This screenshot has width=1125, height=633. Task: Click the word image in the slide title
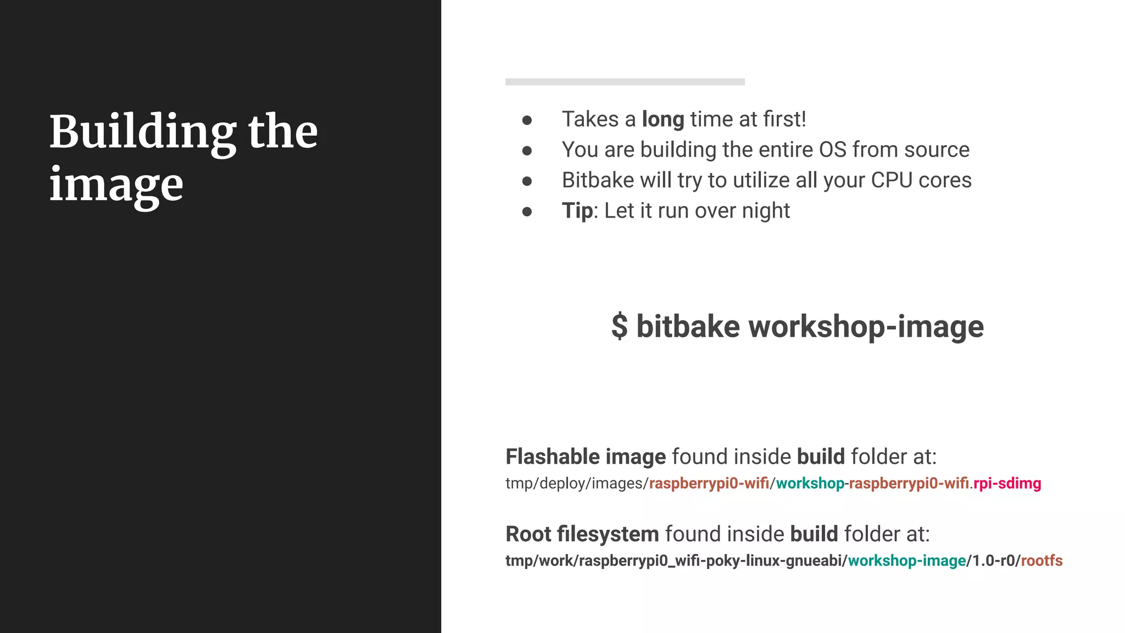pos(116,185)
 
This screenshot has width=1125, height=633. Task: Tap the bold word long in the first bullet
pos(662,119)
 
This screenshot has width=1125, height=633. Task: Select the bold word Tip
pos(577,211)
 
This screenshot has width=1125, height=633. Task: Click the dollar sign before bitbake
pos(619,326)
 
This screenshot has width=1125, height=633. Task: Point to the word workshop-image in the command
pos(866,326)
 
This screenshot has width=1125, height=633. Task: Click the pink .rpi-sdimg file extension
pos(1006,484)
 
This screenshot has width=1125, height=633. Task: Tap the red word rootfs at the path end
pos(1042,560)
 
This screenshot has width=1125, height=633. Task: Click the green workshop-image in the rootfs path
pos(906,560)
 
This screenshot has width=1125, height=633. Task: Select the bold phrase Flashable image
pos(585,457)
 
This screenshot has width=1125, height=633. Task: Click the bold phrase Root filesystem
pos(582,534)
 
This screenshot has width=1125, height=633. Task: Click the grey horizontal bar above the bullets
pos(625,82)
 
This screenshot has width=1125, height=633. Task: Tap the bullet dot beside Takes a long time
pos(527,120)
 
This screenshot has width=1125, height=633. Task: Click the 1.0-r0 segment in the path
pos(993,560)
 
